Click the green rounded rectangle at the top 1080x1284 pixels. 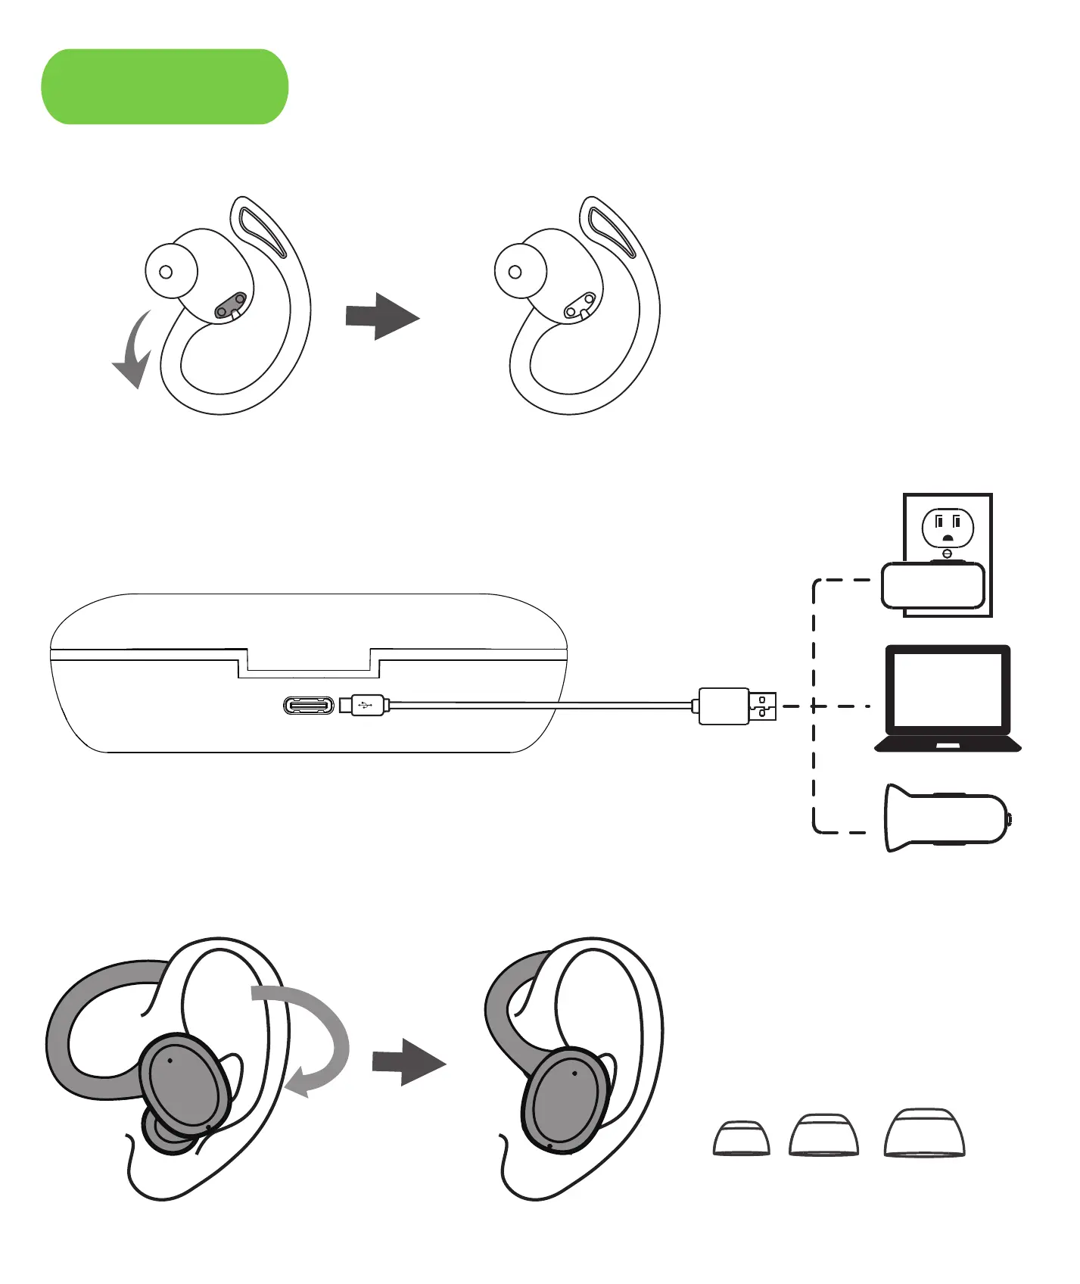[164, 86]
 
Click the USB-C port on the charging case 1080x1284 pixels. [309, 706]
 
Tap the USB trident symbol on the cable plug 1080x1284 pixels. [365, 706]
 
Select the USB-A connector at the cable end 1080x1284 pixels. [763, 706]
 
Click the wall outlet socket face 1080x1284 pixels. [947, 527]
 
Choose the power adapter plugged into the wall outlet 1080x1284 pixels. [932, 585]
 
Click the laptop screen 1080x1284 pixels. [948, 690]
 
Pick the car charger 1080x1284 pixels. [947, 818]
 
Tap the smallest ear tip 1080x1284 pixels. [742, 1138]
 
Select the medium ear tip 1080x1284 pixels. [823, 1135]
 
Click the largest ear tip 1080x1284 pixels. [925, 1133]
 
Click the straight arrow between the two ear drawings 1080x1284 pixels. [408, 1062]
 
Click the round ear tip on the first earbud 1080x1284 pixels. [170, 271]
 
